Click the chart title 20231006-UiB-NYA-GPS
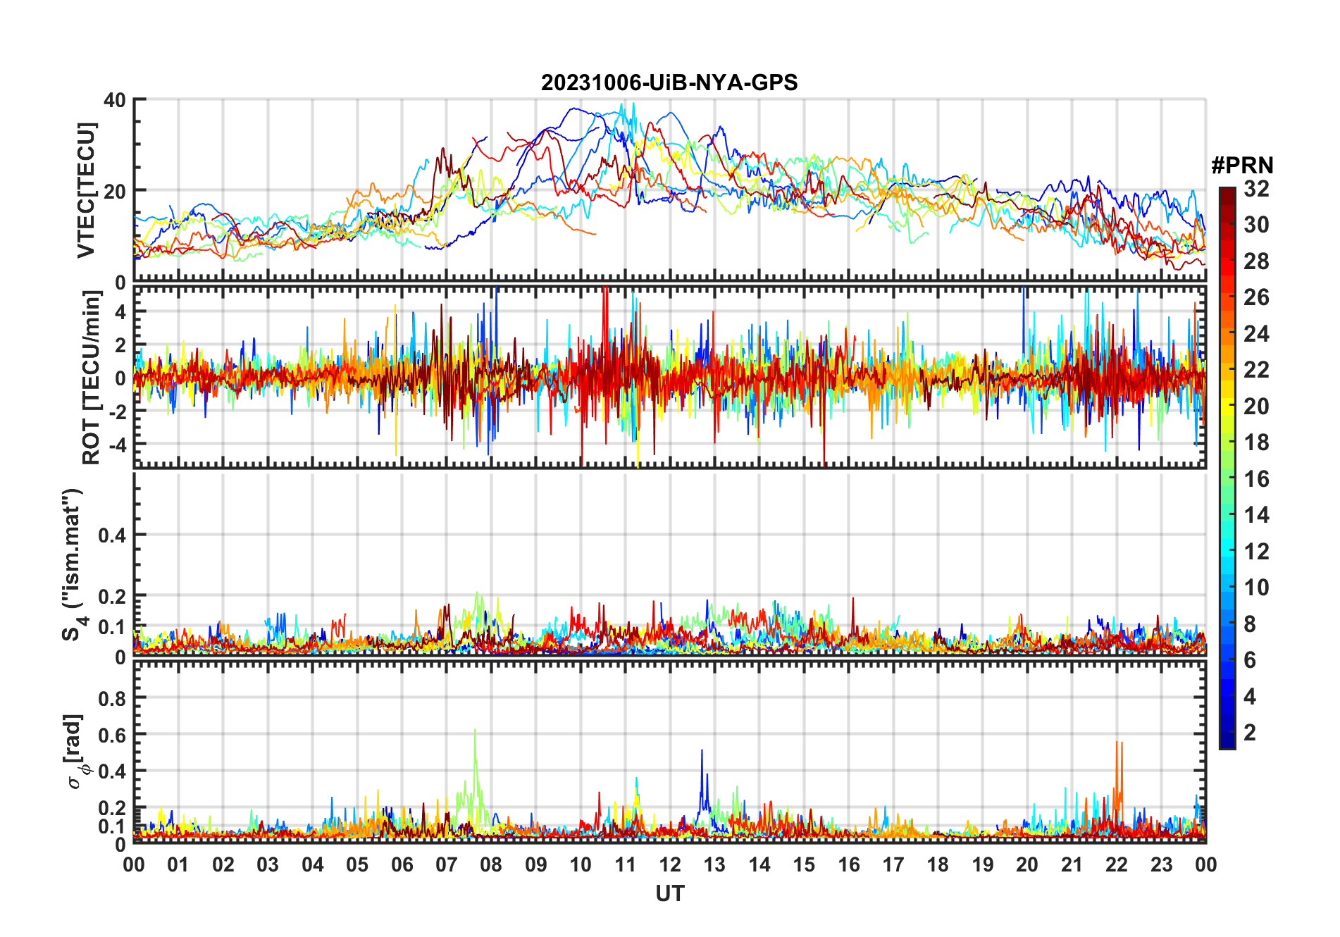(669, 83)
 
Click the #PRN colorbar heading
(1242, 166)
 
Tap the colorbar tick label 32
(1256, 189)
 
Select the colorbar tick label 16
(1256, 479)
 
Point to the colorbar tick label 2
(1250, 733)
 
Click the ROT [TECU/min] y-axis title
(92, 378)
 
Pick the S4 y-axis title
(73, 564)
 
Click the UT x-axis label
(670, 893)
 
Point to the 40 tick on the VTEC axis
(115, 100)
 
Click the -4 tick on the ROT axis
(116, 445)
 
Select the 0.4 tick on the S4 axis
(112, 535)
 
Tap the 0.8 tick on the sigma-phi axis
(112, 698)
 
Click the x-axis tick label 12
(670, 864)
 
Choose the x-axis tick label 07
(447, 864)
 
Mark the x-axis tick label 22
(1117, 864)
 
